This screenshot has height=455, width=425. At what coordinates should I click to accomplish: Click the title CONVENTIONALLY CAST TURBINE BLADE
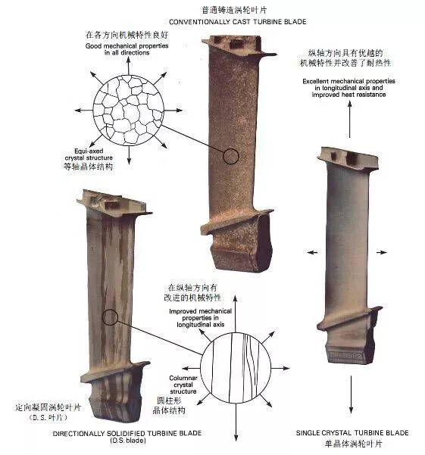click(237, 22)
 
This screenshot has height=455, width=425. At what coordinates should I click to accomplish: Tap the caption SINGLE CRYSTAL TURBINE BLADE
click(352, 432)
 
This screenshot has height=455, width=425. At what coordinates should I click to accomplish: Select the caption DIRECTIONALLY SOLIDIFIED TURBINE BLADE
click(127, 433)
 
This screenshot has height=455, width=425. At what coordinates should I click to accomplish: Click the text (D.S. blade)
click(128, 441)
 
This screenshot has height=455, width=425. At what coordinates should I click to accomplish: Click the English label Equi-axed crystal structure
click(89, 154)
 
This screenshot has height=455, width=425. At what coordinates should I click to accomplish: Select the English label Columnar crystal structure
click(183, 385)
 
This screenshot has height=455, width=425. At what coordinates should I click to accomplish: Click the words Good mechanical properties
click(127, 46)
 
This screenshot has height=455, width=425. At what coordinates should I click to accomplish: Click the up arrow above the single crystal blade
click(350, 120)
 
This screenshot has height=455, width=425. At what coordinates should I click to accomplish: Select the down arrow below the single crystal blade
click(351, 394)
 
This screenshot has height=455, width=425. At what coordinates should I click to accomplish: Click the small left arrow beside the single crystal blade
click(312, 252)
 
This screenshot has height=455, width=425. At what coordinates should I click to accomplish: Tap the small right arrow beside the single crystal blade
click(382, 252)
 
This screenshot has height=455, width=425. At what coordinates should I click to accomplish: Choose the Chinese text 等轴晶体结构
click(88, 167)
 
